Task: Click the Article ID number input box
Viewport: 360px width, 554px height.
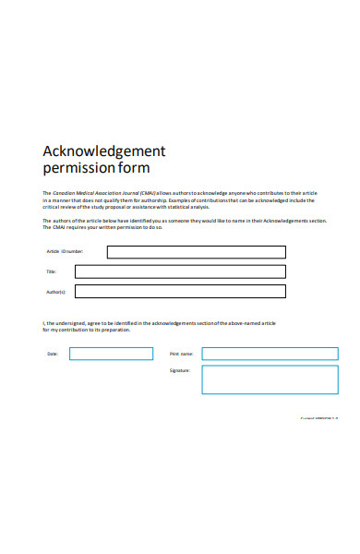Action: (x=196, y=252)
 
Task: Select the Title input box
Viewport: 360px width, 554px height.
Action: (x=180, y=271)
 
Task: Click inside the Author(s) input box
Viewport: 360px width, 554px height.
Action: (x=180, y=292)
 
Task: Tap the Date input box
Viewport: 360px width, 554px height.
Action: (x=112, y=354)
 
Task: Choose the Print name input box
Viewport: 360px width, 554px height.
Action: (x=270, y=354)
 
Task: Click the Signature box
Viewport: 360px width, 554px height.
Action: (x=270, y=379)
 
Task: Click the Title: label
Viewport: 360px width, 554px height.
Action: (x=52, y=271)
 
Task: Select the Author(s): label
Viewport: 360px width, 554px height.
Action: (x=55, y=292)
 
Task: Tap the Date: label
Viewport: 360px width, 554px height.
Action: (x=52, y=354)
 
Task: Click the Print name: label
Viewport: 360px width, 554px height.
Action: (x=181, y=354)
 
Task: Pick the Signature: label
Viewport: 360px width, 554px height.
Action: (x=180, y=370)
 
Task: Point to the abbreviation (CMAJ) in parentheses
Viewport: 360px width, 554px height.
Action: (x=148, y=192)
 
